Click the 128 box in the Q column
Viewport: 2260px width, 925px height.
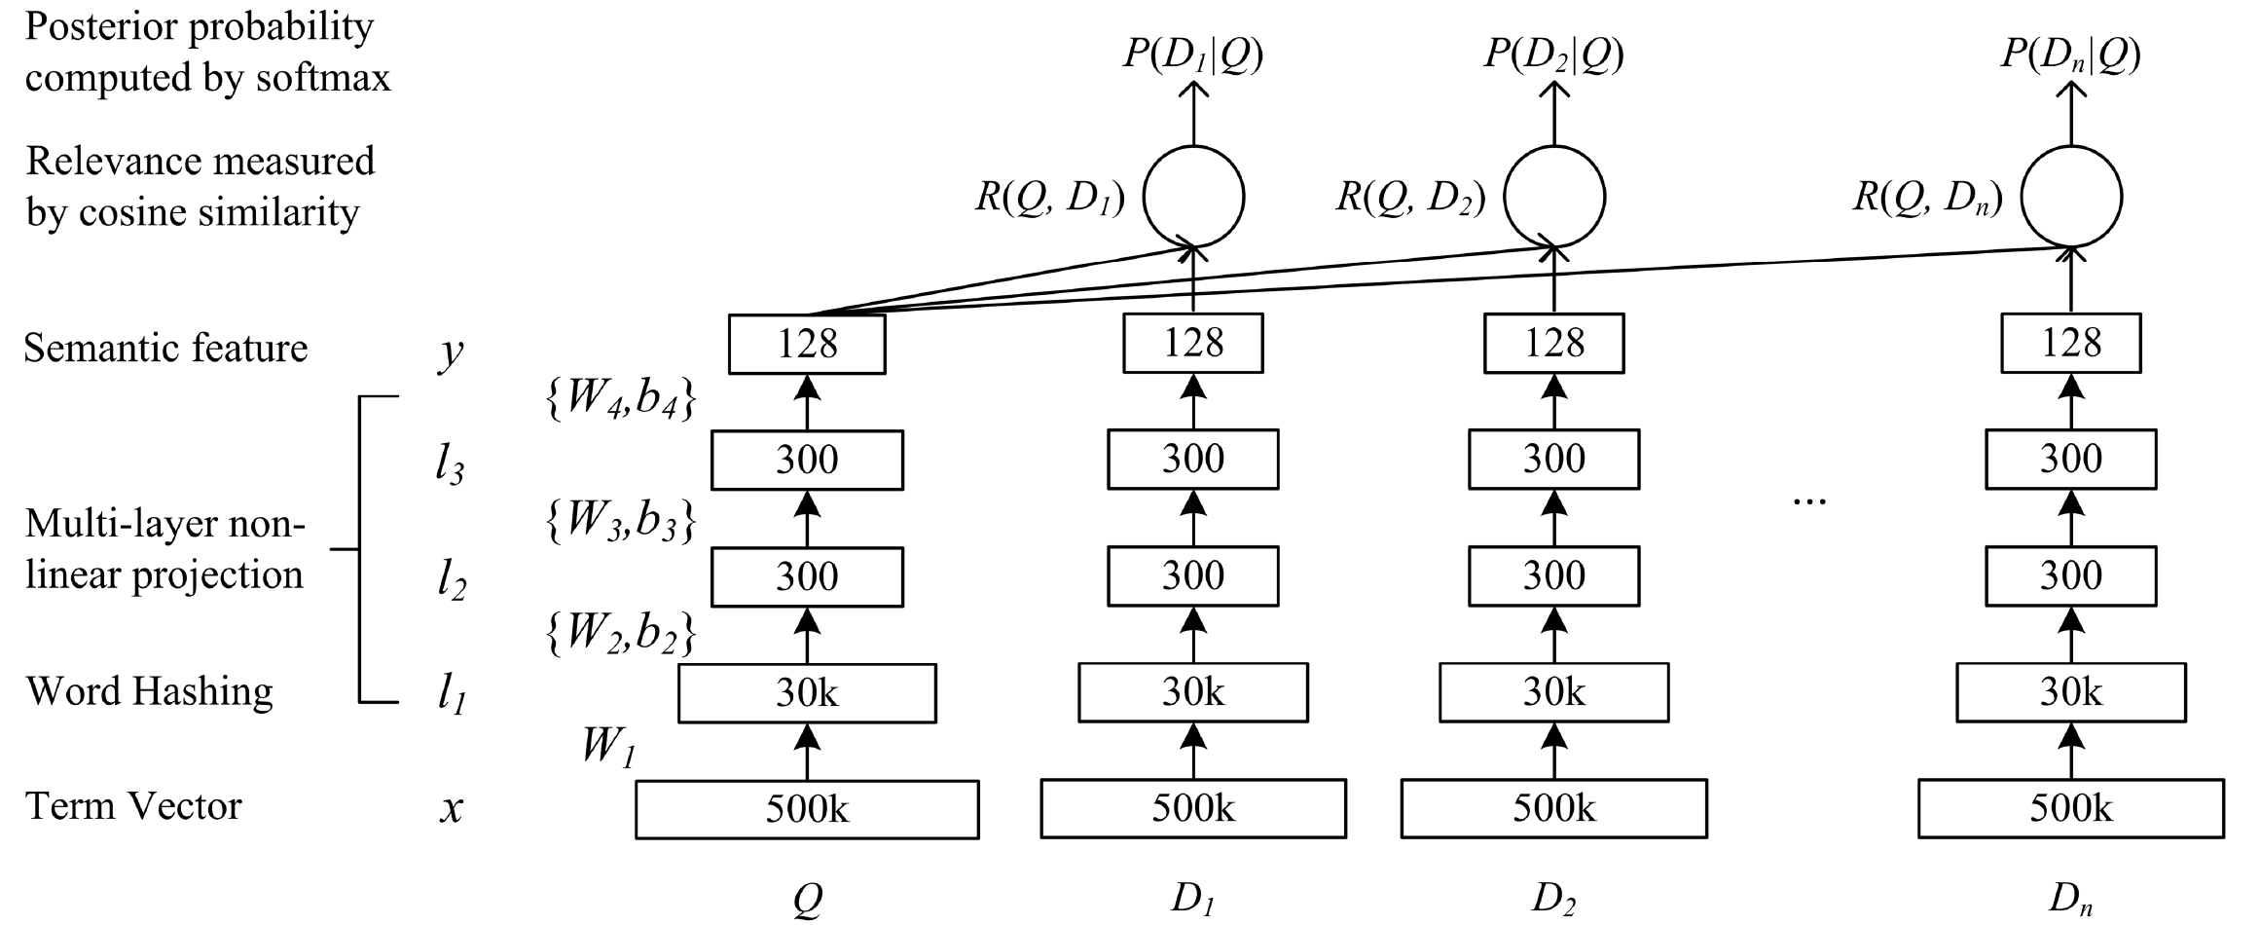(x=807, y=343)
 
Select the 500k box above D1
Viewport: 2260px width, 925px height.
(x=1193, y=808)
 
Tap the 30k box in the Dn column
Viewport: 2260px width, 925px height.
(x=2070, y=692)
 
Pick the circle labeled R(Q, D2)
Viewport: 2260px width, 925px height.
(x=1554, y=196)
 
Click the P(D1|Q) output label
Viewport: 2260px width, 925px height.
(x=1193, y=55)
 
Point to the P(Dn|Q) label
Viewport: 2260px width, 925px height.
(x=2070, y=55)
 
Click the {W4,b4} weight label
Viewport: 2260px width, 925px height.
(x=620, y=401)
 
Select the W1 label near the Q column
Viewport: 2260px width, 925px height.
(x=608, y=748)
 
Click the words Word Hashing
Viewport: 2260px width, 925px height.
(x=149, y=690)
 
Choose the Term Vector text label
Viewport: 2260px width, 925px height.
(x=133, y=806)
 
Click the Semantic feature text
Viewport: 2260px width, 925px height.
(x=165, y=348)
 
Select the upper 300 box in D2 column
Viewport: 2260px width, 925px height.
(x=1553, y=459)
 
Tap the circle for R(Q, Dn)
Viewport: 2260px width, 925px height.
(x=2071, y=196)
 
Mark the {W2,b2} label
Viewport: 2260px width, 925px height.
(x=620, y=634)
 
